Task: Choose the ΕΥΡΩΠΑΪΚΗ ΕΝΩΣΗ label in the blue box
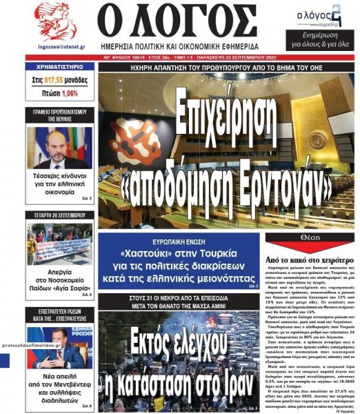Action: [x=177, y=241]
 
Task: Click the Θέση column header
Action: [x=310, y=237]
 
